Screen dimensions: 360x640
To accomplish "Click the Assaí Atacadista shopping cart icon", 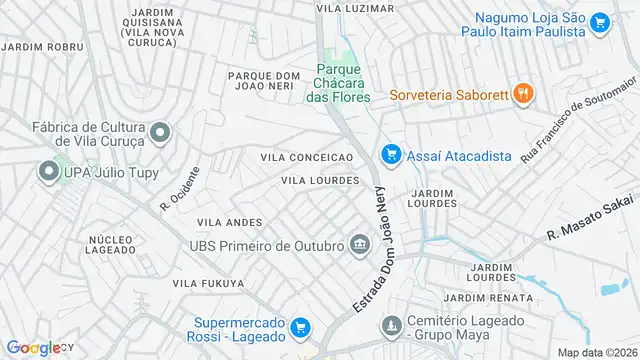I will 391,155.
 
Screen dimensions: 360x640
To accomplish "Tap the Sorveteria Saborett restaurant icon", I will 522,94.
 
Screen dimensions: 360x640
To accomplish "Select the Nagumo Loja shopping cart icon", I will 600,23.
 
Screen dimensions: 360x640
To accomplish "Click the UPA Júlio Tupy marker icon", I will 47,173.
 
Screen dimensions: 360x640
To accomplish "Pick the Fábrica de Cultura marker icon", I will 159,133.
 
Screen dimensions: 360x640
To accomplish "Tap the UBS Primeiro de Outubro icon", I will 359,244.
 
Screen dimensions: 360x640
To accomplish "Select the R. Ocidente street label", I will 179,188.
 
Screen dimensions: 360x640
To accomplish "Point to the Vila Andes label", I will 229,222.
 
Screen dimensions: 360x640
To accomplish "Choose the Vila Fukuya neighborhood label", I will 208,284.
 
